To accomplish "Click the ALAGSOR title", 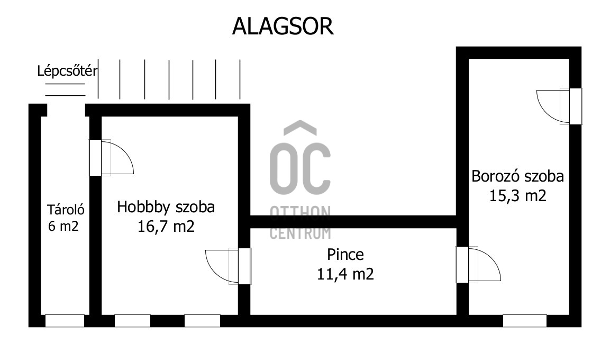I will [283, 26].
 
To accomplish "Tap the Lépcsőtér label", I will [67, 71].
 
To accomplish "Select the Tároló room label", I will [66, 210].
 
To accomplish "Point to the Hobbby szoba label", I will [166, 206].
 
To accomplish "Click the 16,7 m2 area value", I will [166, 227].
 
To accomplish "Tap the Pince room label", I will [345, 255].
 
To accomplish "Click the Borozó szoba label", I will [518, 176].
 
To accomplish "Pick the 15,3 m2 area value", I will [518, 195].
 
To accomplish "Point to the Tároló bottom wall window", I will [65, 320].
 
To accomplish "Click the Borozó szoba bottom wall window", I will [524, 320].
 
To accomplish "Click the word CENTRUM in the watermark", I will [300, 232].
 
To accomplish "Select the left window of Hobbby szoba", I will [132, 320].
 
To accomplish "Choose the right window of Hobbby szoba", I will [202, 320].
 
